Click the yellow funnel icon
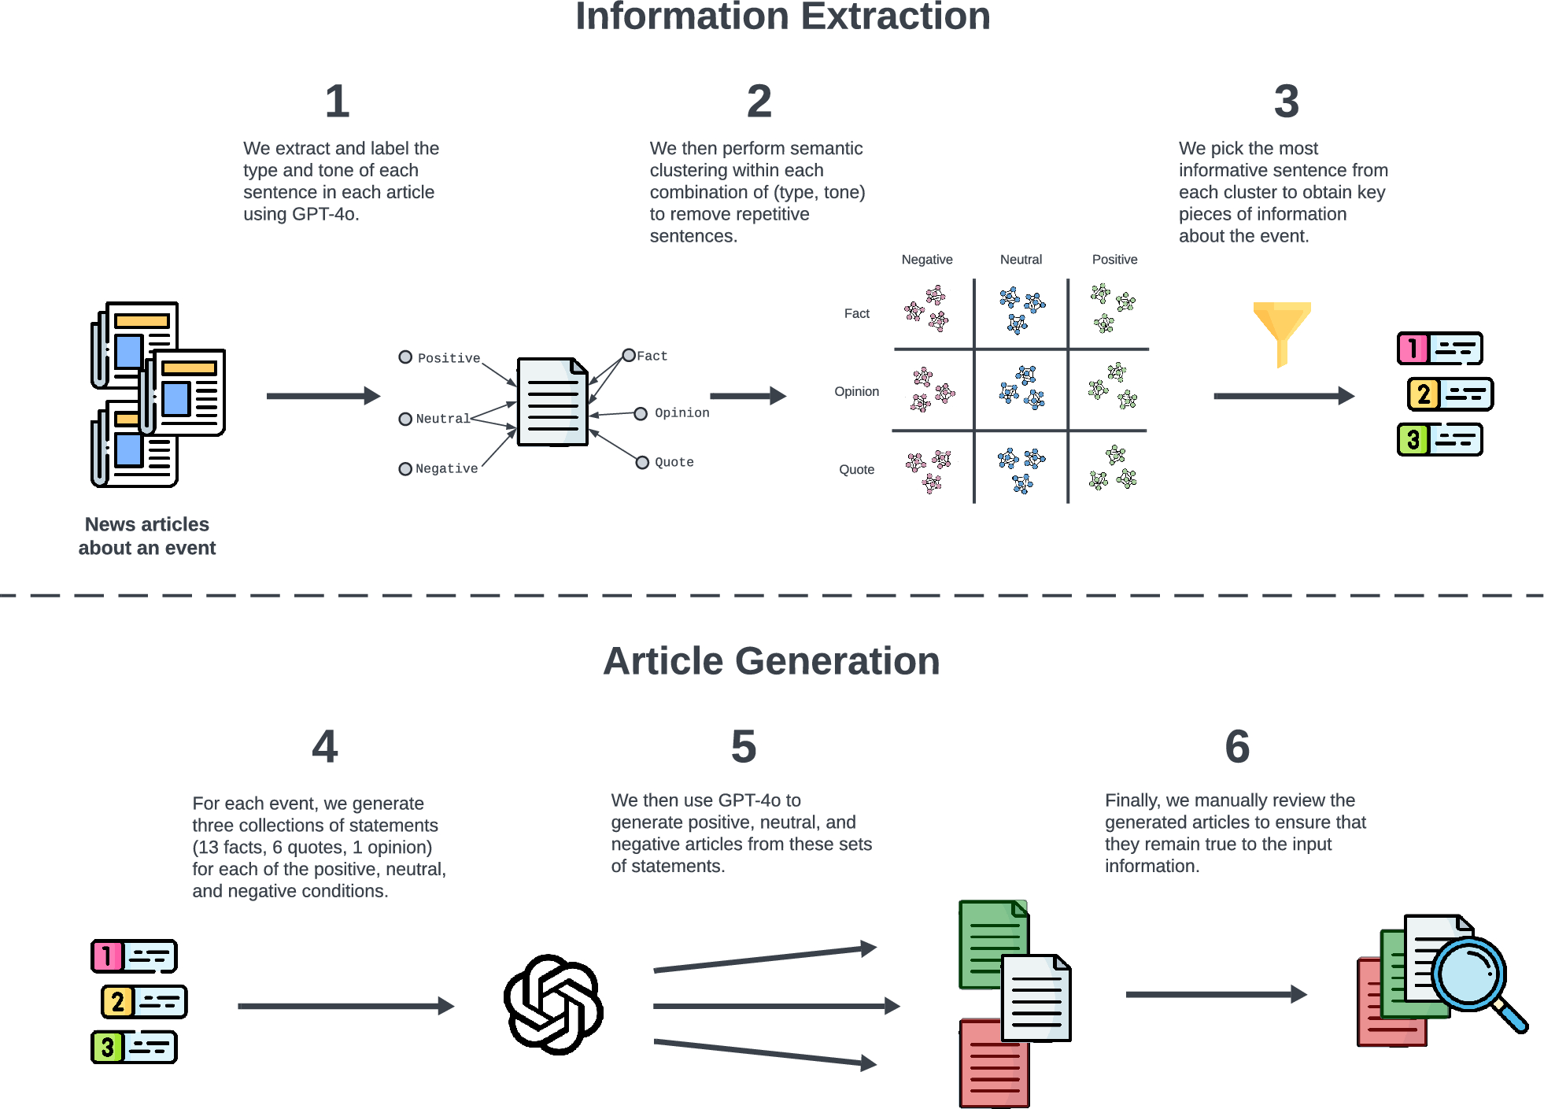pos(1281,331)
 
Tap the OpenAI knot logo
pos(553,1005)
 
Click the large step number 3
pos(1286,102)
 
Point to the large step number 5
pos(743,747)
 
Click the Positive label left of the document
pos(449,358)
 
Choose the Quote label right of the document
pos(674,462)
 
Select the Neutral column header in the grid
pos(1021,260)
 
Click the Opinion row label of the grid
pos(856,391)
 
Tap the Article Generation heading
pos(771,661)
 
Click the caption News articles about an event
pos(147,536)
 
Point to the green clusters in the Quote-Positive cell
pos(1114,469)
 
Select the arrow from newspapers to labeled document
pos(323,396)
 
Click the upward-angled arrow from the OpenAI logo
pos(763,959)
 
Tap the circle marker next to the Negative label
pos(405,469)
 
